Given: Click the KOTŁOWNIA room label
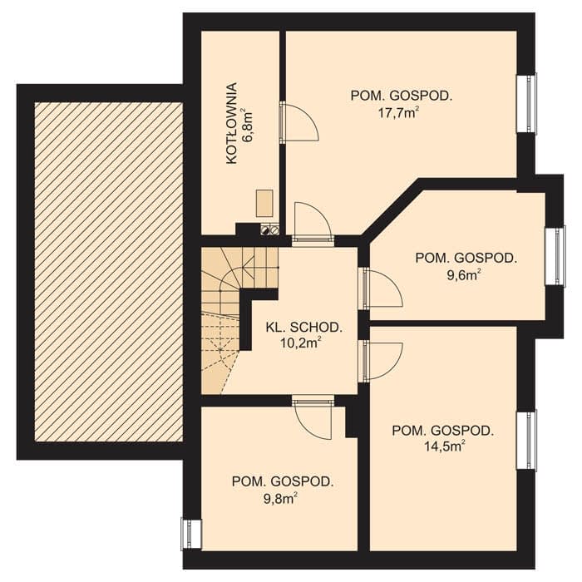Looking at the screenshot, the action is (x=232, y=124).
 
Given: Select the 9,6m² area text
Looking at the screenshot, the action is (x=466, y=274).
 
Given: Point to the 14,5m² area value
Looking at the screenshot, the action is (x=443, y=446).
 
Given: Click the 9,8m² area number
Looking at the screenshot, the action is (x=281, y=498).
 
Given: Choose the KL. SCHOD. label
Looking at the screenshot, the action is (x=304, y=327).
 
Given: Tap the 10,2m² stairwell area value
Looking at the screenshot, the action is (x=300, y=343).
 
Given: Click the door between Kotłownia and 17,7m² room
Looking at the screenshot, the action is (x=299, y=122).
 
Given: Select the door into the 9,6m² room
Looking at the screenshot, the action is (x=382, y=289).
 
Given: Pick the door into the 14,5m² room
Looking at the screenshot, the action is (x=382, y=360).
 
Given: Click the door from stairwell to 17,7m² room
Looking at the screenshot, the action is (x=313, y=223).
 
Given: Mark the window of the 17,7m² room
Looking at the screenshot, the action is (x=527, y=103).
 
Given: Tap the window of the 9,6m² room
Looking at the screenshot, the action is (x=555, y=256).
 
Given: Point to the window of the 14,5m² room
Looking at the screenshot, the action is (x=527, y=440).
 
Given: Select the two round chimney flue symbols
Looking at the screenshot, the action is (x=270, y=230).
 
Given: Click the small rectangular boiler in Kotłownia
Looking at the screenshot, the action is (x=265, y=203).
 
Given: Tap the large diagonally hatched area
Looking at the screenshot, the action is (x=109, y=272).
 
